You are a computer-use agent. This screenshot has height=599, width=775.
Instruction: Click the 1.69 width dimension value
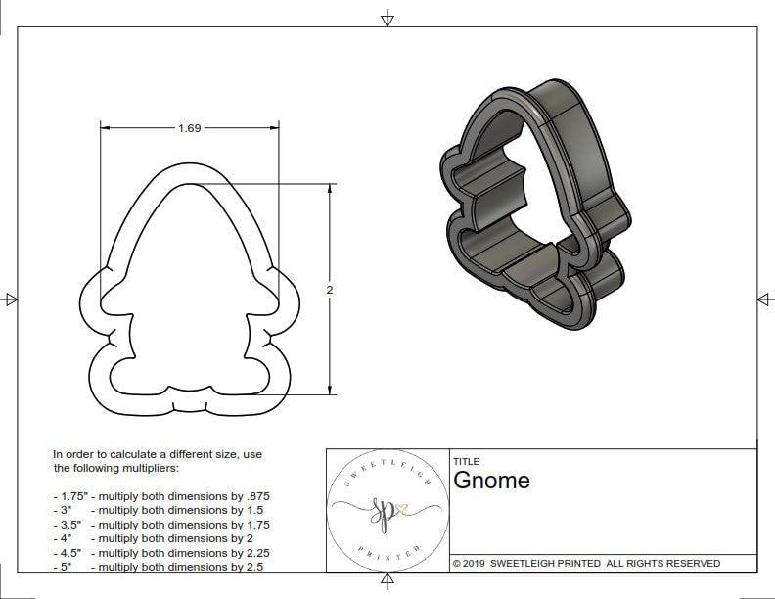click(x=190, y=128)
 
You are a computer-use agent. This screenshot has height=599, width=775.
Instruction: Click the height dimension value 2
click(x=330, y=290)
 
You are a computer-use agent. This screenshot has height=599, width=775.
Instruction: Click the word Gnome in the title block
click(x=491, y=480)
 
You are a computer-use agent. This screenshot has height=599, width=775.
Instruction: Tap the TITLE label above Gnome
click(x=466, y=461)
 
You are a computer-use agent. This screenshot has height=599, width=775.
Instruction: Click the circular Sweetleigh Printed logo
click(x=386, y=510)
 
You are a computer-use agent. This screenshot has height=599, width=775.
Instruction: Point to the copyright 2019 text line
click(x=586, y=563)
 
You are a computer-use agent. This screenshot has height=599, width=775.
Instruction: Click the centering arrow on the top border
click(x=387, y=18)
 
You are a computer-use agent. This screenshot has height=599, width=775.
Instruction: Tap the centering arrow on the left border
click(x=10, y=299)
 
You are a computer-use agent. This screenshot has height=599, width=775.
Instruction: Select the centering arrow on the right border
click(x=764, y=299)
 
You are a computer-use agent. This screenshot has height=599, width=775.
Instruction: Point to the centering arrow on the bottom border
click(x=387, y=582)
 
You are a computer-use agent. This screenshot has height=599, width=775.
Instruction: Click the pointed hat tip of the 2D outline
click(x=190, y=169)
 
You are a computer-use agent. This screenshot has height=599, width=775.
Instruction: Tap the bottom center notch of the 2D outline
click(x=190, y=406)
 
